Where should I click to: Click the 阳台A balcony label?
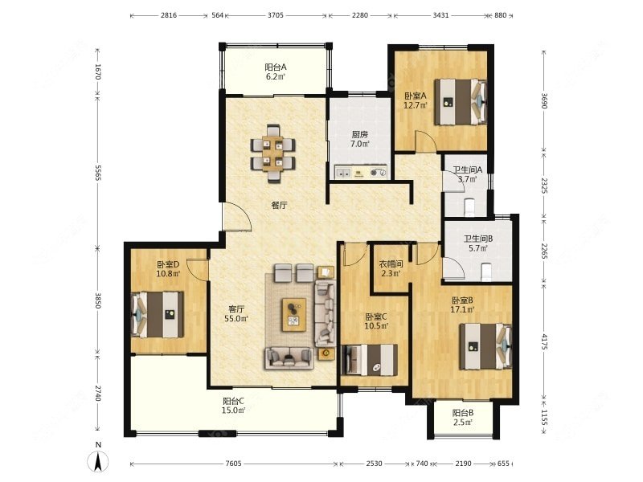click(275, 67)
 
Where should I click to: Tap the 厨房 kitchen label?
click(359, 134)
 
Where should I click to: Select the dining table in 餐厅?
click(272, 153)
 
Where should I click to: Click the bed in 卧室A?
click(461, 102)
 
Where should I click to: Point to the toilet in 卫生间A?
click(469, 207)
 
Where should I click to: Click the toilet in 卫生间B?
click(485, 272)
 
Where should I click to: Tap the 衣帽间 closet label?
click(391, 264)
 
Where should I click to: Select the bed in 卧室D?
click(157, 315)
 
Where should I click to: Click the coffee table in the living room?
click(294, 315)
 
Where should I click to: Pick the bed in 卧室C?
click(370, 359)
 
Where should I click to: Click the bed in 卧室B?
click(485, 346)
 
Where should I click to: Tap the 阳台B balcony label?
click(463, 413)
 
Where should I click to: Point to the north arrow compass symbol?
click(98, 459)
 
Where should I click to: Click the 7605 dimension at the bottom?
click(233, 464)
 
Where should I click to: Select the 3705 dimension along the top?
click(276, 15)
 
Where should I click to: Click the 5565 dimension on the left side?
click(97, 173)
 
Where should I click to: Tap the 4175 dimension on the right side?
click(544, 341)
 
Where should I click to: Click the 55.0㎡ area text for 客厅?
click(236, 318)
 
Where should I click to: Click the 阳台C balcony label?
click(234, 401)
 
